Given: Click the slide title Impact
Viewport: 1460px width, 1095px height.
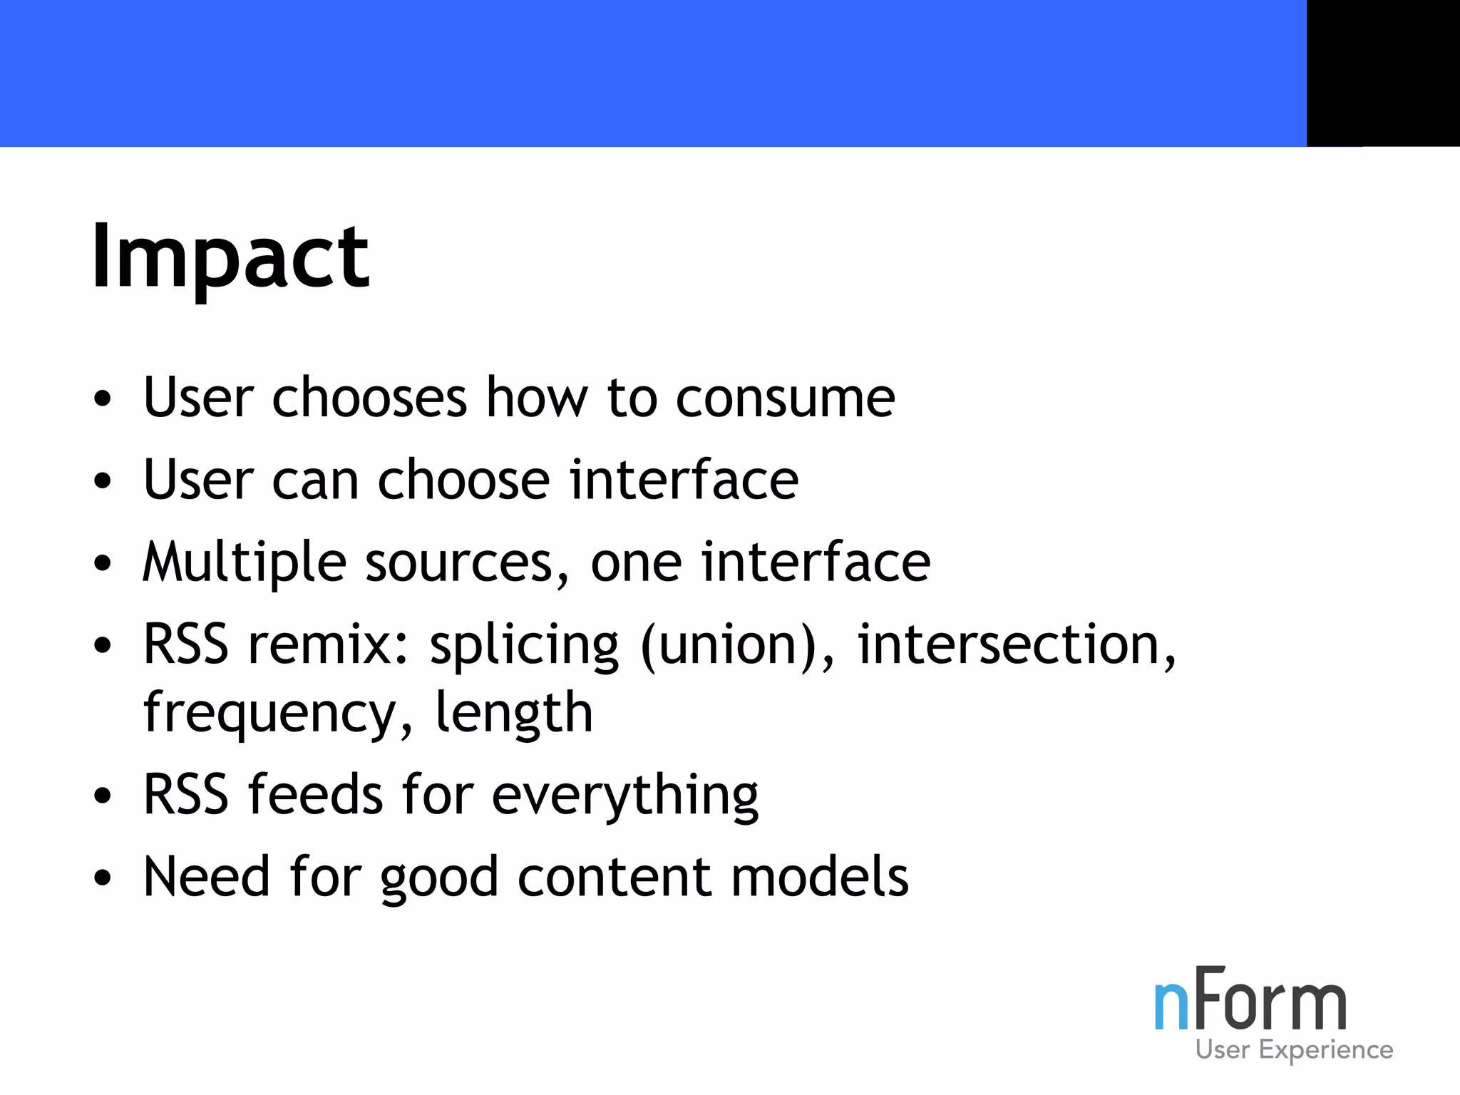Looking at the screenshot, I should [x=230, y=257].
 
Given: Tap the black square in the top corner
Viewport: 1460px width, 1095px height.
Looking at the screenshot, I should [x=1382, y=73].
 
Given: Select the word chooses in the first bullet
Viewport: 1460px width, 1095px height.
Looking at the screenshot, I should [x=369, y=398].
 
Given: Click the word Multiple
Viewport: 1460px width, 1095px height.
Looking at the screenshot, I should [x=245, y=563].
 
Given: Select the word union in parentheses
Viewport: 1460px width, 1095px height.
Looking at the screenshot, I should [x=727, y=644].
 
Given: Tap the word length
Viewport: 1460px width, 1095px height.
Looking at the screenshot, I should [x=514, y=713].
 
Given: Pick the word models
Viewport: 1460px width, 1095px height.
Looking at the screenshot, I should [x=820, y=877].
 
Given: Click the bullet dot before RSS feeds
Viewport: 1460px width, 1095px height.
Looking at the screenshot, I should [x=103, y=796].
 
